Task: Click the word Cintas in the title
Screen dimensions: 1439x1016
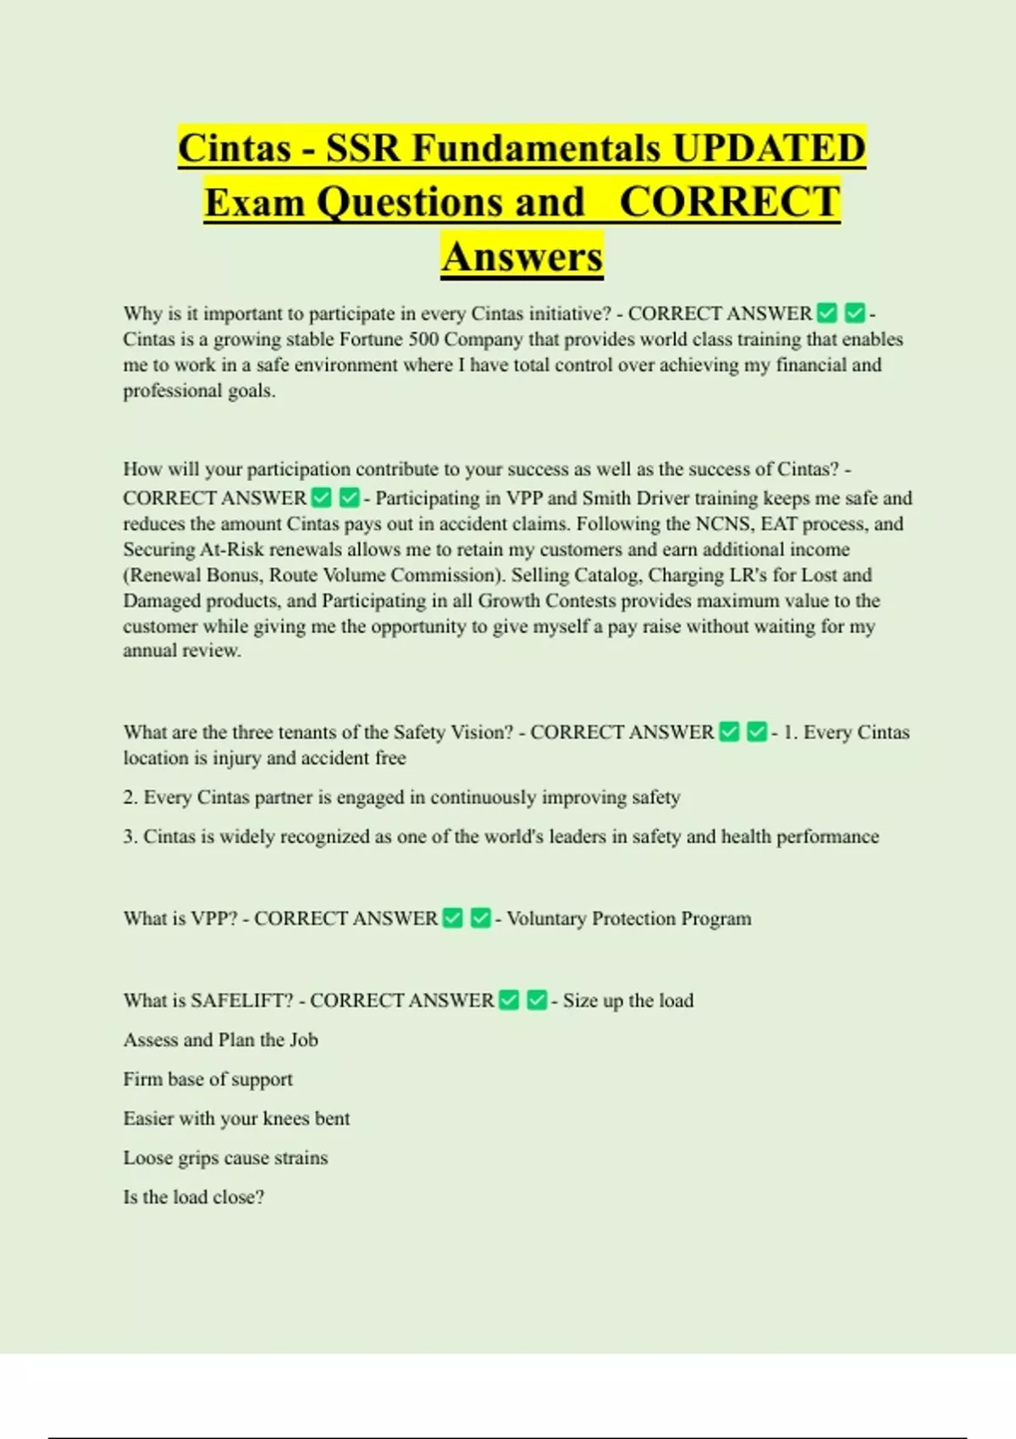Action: click(235, 148)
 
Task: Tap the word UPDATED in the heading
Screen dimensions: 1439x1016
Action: click(769, 148)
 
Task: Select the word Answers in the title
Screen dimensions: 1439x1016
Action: click(522, 256)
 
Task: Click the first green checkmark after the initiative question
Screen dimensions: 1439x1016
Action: click(827, 313)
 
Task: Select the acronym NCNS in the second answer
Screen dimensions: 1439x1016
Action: click(722, 523)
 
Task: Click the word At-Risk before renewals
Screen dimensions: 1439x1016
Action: click(232, 549)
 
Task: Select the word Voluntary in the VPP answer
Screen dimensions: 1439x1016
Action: click(546, 918)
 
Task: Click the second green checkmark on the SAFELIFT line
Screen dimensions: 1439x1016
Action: click(537, 1001)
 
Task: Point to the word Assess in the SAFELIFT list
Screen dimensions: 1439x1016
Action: click(151, 1039)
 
